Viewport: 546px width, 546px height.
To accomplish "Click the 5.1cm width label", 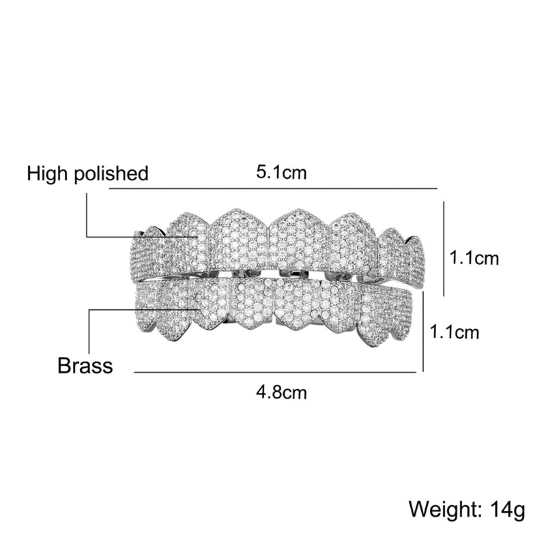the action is click(281, 173).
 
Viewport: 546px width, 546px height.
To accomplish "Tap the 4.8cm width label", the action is click(281, 392).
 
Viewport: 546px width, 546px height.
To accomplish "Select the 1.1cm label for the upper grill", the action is click(474, 259).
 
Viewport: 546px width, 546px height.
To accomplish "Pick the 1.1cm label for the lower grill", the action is click(455, 332).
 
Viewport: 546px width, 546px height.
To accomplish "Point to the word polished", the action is click(111, 174).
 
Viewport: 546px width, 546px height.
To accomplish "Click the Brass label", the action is click(85, 366).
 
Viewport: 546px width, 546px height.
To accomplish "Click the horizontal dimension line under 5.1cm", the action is click(274, 188).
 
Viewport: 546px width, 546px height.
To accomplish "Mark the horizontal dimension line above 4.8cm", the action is click(275, 372).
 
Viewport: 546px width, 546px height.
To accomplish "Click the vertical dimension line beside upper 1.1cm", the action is click(444, 248).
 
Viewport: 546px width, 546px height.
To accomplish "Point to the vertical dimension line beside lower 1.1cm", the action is click(423, 332).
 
